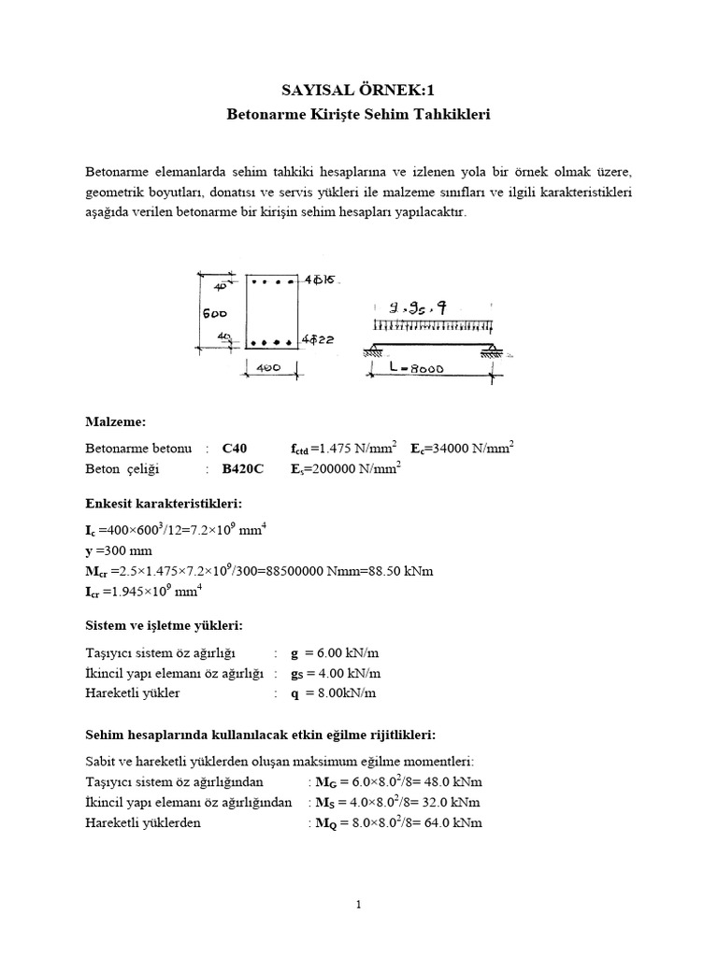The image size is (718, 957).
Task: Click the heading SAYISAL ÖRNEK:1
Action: (x=359, y=90)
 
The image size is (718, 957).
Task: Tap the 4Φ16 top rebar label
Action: (x=319, y=279)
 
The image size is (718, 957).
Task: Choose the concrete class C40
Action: (x=235, y=449)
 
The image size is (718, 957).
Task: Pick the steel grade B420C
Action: (x=242, y=469)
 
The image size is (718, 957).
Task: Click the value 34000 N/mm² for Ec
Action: (x=474, y=449)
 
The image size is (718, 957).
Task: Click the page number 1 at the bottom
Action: (x=359, y=905)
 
